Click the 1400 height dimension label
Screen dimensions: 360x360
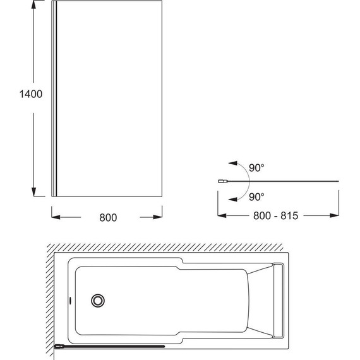coord(31,94)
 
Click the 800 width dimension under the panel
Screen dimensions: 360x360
coord(108,217)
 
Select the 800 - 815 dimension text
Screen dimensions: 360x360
coord(276,215)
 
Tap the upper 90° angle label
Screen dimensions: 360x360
coord(256,168)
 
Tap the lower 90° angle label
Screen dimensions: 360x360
coord(256,197)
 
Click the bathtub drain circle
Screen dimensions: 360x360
coord(98,301)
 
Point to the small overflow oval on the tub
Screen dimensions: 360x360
coord(70,300)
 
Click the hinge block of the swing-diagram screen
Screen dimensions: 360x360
coord(222,181)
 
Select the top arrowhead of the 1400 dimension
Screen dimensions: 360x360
coord(33,5)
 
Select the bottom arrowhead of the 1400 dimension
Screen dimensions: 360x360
coord(33,192)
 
